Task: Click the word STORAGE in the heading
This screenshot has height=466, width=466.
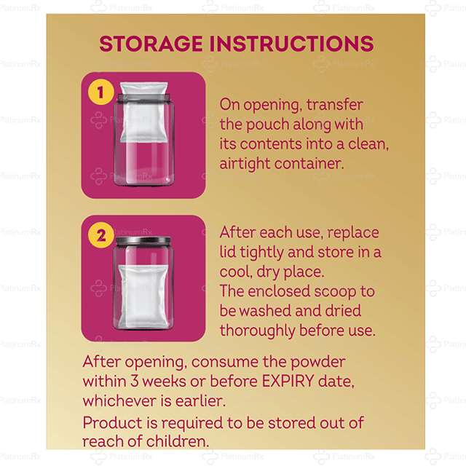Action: pos(151,44)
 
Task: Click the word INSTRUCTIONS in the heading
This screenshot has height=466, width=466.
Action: pos(291,44)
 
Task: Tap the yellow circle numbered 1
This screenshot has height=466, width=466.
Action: pos(100,92)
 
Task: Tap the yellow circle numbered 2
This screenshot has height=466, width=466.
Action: pos(100,235)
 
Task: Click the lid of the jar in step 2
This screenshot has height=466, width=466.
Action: pos(143,241)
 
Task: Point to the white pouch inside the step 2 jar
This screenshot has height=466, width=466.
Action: pos(143,296)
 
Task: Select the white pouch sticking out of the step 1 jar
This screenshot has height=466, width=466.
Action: pos(144,112)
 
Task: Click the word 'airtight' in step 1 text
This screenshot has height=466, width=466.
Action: pos(245,164)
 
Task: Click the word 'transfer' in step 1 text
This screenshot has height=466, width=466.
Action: pos(335,105)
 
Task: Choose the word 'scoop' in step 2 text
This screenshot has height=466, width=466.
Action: pos(335,292)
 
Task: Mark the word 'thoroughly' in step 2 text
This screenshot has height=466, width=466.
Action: pos(257,331)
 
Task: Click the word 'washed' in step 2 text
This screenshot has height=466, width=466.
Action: pos(265,311)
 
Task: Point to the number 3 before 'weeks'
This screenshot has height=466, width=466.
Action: pos(135,382)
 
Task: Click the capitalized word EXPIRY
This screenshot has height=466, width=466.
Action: pos(288,382)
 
